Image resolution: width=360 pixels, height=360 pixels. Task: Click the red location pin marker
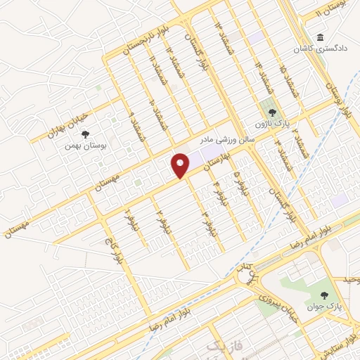(x=181, y=165)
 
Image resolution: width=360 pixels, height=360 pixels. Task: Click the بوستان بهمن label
(x=83, y=145)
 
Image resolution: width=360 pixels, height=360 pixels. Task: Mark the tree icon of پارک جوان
(x=324, y=295)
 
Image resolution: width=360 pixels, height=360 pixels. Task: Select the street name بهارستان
(x=216, y=161)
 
